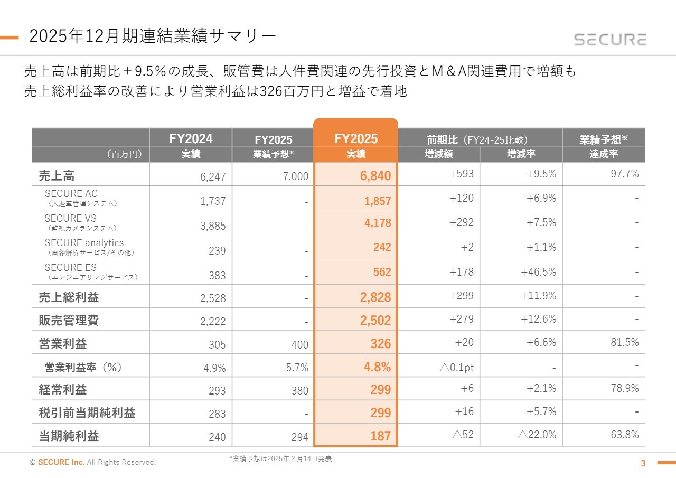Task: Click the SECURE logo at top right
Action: pos(610,40)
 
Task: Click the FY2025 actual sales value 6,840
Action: pos(375,176)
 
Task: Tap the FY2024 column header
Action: pos(191,138)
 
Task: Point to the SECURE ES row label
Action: pos(71,267)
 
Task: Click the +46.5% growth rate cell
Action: pos(538,272)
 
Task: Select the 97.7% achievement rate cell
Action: pos(625,174)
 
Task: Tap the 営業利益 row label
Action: pos(63,344)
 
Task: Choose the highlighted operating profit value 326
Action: pos(380,344)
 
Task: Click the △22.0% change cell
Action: pos(537,435)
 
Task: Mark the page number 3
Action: pos(643,464)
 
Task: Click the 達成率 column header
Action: pos(604,154)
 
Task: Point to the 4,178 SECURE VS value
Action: pos(378,223)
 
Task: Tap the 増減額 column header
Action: pos(438,154)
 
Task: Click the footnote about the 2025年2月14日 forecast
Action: pos(280,459)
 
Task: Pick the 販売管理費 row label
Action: pos(69,321)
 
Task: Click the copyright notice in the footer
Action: pos(93,463)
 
